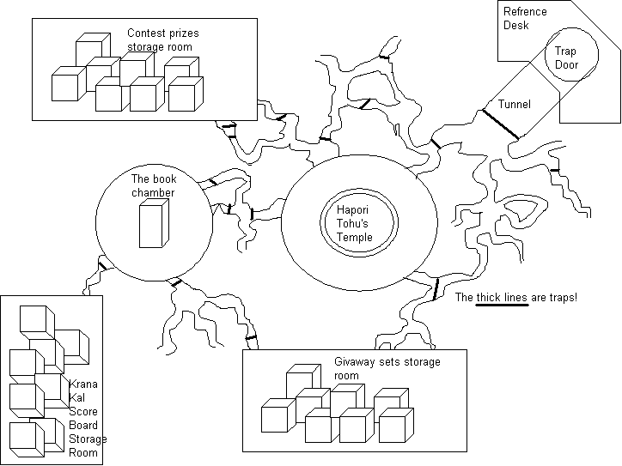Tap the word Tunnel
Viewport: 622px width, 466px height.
[514, 104]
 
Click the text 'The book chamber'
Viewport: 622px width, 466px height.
[152, 186]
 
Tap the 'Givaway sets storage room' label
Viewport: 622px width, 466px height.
[387, 369]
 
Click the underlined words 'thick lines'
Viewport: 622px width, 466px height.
[502, 297]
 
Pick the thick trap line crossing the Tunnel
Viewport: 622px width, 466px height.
[502, 124]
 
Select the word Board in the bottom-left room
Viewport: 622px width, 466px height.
[82, 425]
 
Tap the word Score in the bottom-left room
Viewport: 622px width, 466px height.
[82, 411]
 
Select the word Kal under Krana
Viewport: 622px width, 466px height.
[76, 398]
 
